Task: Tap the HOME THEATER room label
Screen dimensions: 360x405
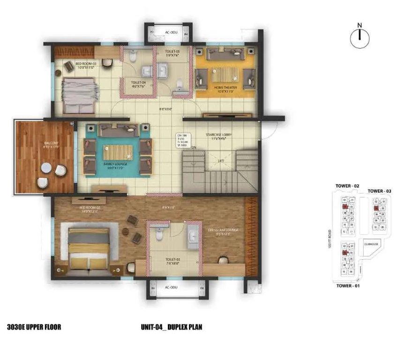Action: [225, 88]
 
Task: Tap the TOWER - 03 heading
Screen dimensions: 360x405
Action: [379, 191]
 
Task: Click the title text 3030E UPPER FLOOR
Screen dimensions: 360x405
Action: [34, 327]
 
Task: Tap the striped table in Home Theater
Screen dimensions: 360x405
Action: [225, 74]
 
